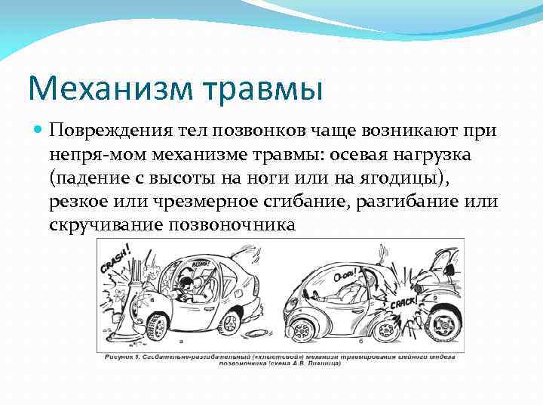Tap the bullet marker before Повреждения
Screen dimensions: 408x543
pos(39,130)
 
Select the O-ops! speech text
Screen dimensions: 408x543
pos(345,277)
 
